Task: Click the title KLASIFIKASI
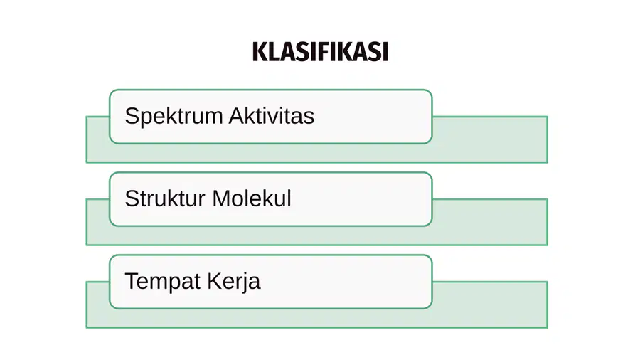pos(320,52)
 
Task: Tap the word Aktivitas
pos(272,115)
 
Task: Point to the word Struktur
pos(165,198)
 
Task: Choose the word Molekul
pos(252,198)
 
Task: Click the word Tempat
pos(163,282)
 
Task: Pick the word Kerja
pos(233,282)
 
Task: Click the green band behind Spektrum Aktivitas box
pos(490,139)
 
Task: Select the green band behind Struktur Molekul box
pos(490,222)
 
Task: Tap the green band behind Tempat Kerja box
pos(490,305)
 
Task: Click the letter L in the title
pos(274,52)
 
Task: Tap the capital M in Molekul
pos(221,198)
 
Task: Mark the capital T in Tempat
pos(133,281)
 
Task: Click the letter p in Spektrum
pos(147,120)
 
